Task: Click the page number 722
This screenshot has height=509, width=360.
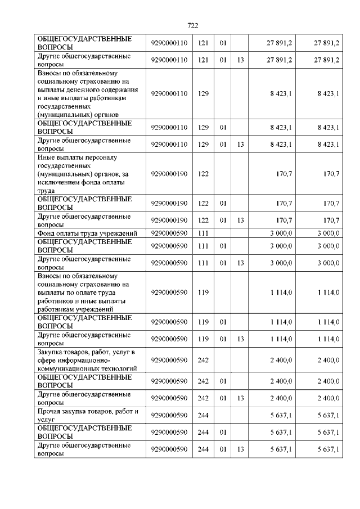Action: (x=192, y=25)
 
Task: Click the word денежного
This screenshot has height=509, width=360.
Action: (x=81, y=90)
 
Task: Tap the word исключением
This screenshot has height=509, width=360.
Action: (x=57, y=182)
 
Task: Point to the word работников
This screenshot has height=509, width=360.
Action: (x=56, y=300)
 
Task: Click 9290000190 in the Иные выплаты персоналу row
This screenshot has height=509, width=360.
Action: (x=169, y=174)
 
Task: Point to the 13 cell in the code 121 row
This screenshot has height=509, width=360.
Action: (x=240, y=60)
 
